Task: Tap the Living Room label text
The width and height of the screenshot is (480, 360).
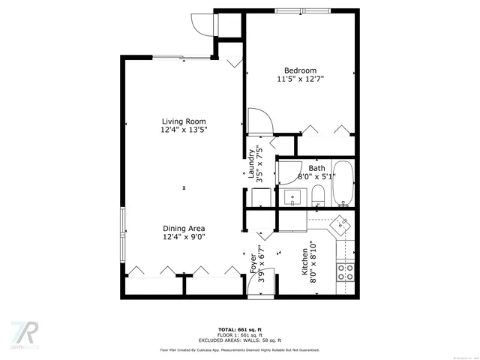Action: click(184, 121)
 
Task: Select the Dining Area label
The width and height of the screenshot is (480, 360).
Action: click(184, 229)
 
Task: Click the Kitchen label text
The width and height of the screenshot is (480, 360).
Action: click(304, 262)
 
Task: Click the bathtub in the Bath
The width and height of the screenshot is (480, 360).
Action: click(343, 183)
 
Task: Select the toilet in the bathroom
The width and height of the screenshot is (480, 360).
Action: click(317, 196)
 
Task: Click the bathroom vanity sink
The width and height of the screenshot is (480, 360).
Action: click(292, 197)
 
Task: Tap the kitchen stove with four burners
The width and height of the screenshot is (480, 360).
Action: click(346, 271)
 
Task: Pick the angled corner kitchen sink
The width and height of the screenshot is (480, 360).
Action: click(341, 223)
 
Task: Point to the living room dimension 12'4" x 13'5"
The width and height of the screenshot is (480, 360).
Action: click(184, 130)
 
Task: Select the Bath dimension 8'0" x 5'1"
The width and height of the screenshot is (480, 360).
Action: click(317, 176)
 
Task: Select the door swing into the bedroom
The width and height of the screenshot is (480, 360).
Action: click(257, 120)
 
